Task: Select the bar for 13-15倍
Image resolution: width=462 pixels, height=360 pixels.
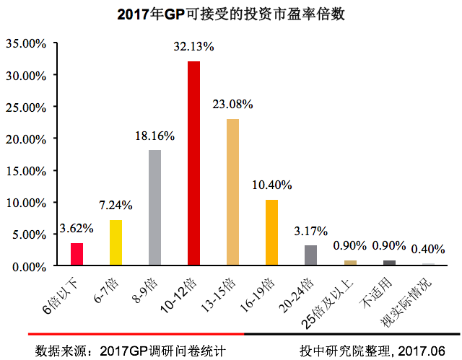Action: coord(232,192)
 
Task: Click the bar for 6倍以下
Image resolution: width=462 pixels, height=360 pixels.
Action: coord(77,254)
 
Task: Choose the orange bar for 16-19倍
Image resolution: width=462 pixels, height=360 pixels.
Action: coord(271,232)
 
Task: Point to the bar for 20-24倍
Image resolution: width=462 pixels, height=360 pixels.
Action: coord(310,255)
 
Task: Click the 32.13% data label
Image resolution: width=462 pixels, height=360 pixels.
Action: coord(193,47)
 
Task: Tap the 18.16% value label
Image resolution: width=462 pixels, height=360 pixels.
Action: coord(154,135)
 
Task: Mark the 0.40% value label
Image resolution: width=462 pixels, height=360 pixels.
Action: coord(428,250)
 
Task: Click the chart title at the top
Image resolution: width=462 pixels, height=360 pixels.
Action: coord(230,14)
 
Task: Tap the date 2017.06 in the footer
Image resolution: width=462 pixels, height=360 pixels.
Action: coord(425,351)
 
